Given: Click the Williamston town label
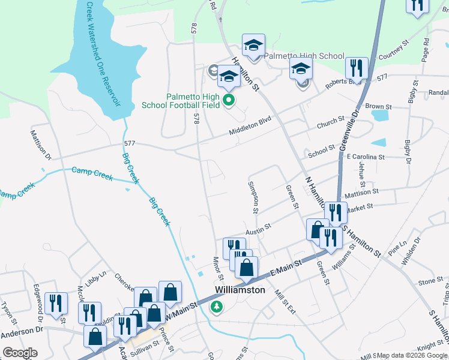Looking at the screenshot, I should pos(240,290).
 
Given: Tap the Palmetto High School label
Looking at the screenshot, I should pos(304,55).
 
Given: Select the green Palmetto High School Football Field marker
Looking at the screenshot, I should pos(228,100).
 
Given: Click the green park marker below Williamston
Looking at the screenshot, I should pos(216,307).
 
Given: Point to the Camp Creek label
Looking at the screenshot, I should pos(92,172).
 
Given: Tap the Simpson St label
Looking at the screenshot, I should pos(253,196).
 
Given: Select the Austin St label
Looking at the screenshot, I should pos(258,229).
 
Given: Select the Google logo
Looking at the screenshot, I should pos(20,353).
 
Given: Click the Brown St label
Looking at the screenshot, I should pos(378,106).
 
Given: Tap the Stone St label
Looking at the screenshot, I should pos(430,281).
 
